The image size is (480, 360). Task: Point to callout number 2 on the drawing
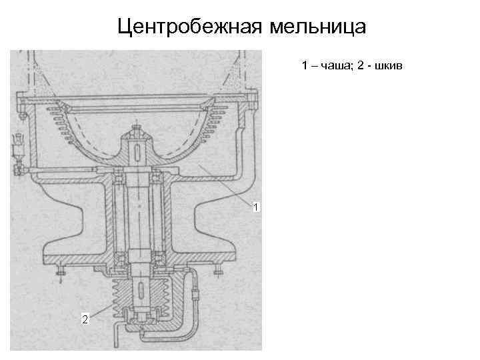pos(84,319)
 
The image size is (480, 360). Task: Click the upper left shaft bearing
pos(118,176)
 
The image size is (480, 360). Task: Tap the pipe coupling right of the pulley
pos(195,293)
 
